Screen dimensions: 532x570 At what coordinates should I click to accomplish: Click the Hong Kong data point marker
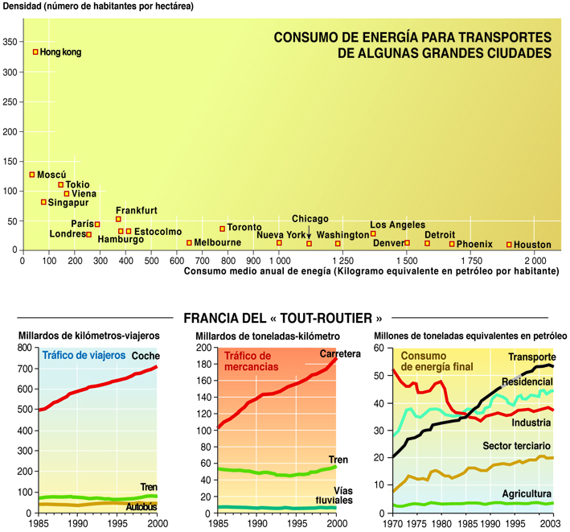coord(35,52)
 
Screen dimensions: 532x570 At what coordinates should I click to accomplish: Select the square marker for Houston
coord(509,244)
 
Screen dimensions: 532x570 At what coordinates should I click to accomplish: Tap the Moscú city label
coord(52,175)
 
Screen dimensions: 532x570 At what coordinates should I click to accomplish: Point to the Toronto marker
coord(223,229)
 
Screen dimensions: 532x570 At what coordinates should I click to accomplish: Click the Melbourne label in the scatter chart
coord(218,242)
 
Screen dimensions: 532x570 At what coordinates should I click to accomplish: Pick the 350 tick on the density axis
coord(10,43)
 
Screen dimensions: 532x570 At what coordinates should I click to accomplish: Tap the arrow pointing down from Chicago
coord(310,233)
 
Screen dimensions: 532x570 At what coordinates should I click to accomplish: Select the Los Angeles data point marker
coord(373,234)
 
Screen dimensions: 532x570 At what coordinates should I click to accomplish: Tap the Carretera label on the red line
coord(339,354)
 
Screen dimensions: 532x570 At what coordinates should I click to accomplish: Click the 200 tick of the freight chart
coord(206,348)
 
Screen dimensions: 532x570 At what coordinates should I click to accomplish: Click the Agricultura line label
coord(527,493)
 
